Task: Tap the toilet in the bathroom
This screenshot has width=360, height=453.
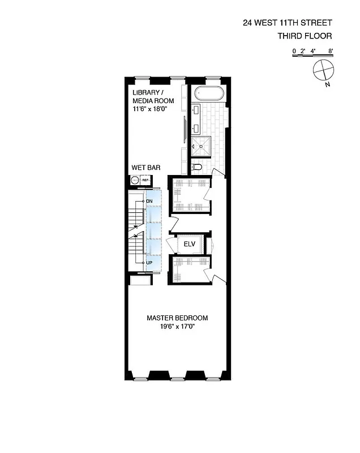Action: coord(196,167)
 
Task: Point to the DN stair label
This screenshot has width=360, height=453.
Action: coord(149,202)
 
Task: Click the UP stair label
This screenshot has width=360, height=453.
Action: coord(149,263)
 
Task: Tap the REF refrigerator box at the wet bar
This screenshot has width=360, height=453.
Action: coord(145,180)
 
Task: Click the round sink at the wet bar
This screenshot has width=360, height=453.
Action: coord(135,180)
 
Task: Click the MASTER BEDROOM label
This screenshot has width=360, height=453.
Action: coord(177,318)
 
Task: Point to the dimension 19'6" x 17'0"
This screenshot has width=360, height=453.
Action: coord(177,326)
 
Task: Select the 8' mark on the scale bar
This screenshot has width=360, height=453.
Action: coord(331,51)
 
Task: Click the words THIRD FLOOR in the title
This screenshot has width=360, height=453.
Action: coord(304,36)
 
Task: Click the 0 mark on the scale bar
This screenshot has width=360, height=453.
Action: coord(294,51)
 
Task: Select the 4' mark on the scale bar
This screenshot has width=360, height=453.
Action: coord(312,51)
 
